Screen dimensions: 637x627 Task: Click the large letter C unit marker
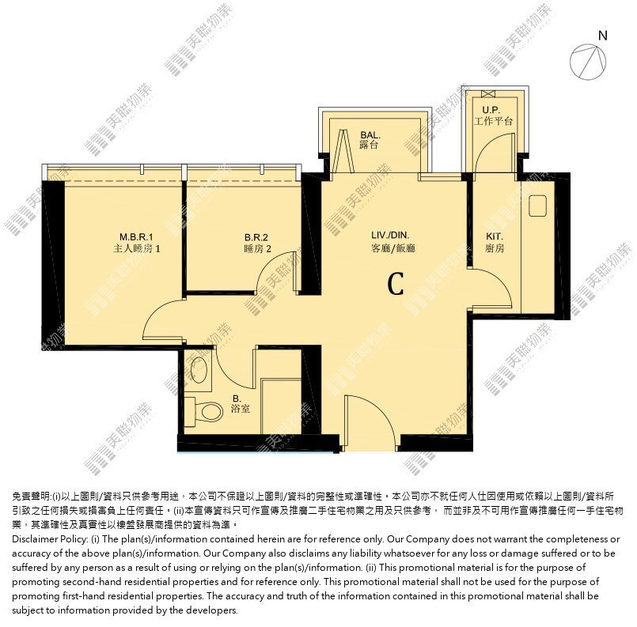coord(396,284)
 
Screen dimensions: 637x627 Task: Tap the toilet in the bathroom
coord(203,411)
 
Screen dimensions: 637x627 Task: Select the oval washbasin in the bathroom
coord(199,369)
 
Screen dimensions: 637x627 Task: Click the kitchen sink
coord(538,206)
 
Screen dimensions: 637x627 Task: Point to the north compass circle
coord(587,62)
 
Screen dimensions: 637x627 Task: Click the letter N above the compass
coord(603,36)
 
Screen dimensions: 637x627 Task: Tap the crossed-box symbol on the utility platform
coord(488,94)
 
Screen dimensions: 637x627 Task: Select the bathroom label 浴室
coord(241,409)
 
